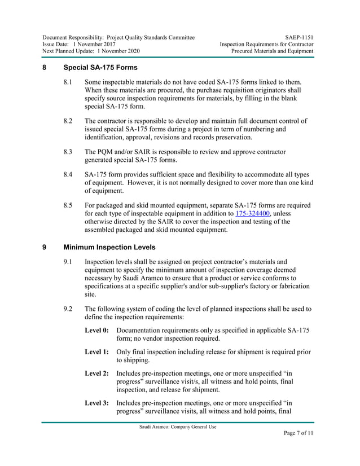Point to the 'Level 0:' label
pos(96,330)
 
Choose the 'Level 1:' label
pos(96,352)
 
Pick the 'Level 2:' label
pos(96,373)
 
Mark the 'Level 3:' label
pos(96,403)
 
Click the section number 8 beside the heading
pos(45,68)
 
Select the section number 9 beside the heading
pos(45,247)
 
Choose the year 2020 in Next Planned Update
pos(130,51)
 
